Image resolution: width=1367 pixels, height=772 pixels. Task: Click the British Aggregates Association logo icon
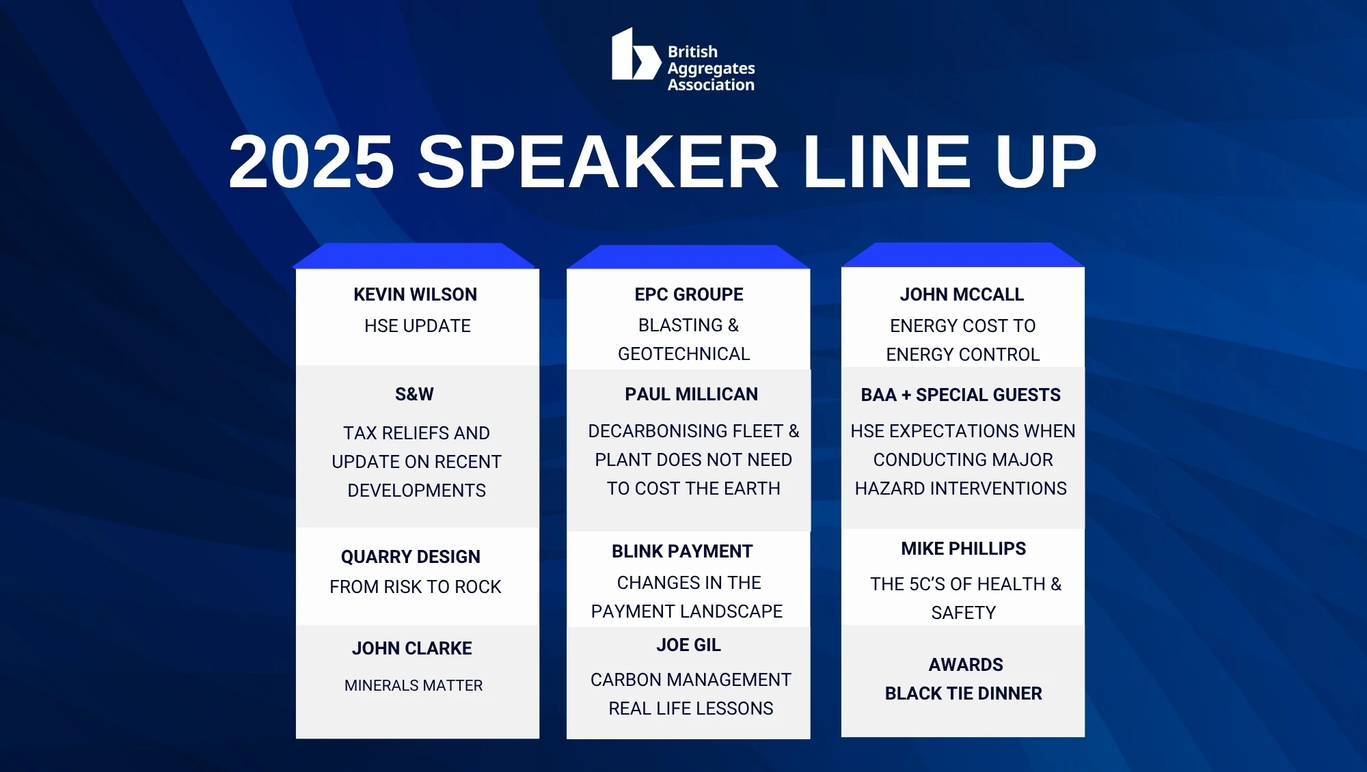tap(636, 54)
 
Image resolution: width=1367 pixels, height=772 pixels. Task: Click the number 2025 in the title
tap(312, 162)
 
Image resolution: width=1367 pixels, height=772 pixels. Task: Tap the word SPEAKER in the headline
tap(598, 162)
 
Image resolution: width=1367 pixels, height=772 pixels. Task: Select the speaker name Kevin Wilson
tap(416, 294)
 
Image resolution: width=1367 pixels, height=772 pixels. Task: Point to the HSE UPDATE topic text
tap(418, 326)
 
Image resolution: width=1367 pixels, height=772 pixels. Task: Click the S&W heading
tap(414, 394)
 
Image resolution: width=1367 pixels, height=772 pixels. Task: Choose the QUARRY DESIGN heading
tap(411, 557)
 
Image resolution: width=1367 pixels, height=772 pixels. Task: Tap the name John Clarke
tap(412, 648)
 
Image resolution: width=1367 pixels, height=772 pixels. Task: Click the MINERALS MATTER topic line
tap(414, 685)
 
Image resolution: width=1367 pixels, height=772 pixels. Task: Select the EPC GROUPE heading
tap(689, 294)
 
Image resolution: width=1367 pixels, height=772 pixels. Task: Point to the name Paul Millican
tap(692, 394)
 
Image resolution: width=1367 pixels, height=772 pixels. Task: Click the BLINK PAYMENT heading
tap(682, 551)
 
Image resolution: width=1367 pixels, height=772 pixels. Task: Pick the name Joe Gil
tap(689, 645)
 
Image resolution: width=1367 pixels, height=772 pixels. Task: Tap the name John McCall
tap(962, 294)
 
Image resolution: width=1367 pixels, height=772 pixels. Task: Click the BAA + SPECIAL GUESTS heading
tap(961, 395)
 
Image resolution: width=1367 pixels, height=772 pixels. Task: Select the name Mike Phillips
tap(964, 549)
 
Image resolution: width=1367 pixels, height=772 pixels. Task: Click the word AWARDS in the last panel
tap(966, 665)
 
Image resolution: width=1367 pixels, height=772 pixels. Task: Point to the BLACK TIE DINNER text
tap(964, 693)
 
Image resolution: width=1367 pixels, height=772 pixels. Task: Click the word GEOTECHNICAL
tap(684, 354)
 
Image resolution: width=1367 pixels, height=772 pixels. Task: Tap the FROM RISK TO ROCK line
tap(416, 587)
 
